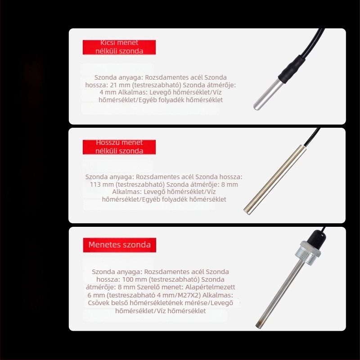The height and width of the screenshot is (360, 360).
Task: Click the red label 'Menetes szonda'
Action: tap(119, 245)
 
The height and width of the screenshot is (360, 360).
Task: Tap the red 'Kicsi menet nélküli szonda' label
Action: tap(119, 47)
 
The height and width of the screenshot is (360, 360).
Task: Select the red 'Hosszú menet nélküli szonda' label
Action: tap(119, 147)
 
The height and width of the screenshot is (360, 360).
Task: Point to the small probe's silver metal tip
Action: tap(266, 95)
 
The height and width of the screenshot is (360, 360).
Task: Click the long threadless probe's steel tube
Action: tap(274, 180)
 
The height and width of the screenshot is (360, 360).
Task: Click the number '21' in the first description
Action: tap(114, 85)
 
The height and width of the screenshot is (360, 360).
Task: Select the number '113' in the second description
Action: tap(95, 184)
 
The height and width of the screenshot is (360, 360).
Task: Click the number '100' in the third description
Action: tap(127, 279)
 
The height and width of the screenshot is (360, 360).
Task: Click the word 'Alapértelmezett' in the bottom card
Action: tap(210, 287)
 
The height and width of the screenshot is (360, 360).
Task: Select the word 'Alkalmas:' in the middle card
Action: tap(127, 192)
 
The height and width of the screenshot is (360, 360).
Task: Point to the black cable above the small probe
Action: tap(315, 42)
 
